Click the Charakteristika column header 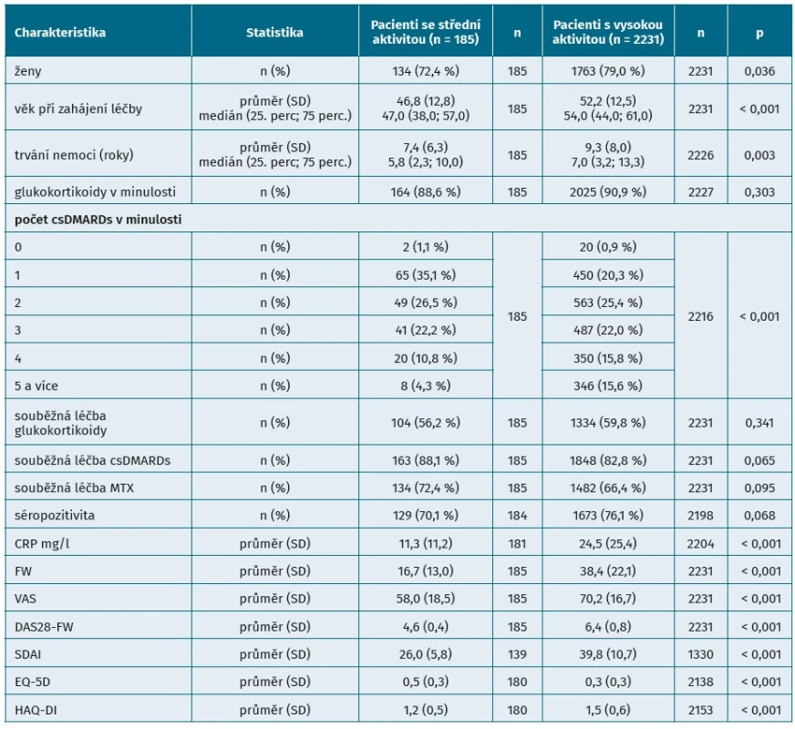pos(60,33)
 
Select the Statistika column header pos(274,33)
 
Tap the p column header pos(759,34)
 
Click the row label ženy pos(28,71)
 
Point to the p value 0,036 pos(759,71)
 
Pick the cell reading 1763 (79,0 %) pos(607,71)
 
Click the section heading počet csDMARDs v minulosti pos(98,220)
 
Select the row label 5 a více pos(36,385)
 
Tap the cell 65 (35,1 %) pos(426,275)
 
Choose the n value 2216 pos(700,316)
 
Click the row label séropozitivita pos(55,515)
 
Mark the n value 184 pos(517,515)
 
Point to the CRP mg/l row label pos(42,544)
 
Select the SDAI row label pos(27,654)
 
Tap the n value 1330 pos(700,654)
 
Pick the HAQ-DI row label pos(36,710)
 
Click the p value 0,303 pos(759,192)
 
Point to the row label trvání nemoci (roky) pos(74,155)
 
